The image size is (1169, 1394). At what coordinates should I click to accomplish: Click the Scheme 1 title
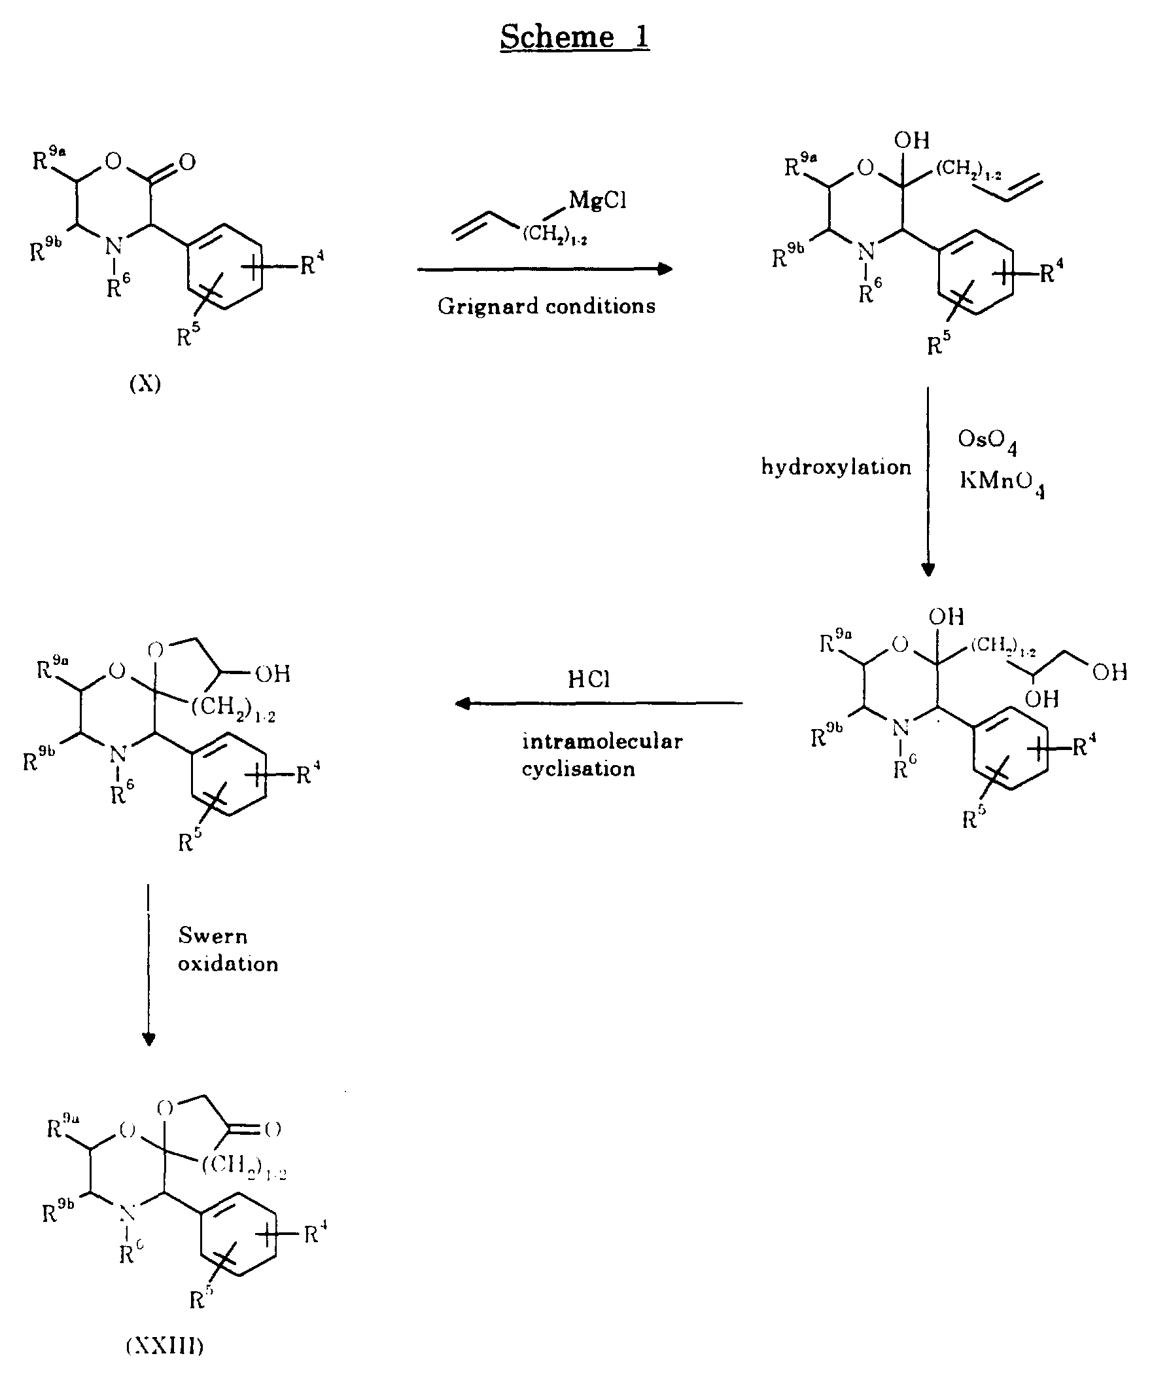click(574, 37)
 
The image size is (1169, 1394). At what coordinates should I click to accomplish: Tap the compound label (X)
click(145, 384)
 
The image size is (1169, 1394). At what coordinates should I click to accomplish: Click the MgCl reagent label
click(597, 200)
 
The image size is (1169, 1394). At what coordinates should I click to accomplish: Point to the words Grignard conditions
click(546, 306)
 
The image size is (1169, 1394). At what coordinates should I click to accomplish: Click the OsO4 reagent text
click(986, 440)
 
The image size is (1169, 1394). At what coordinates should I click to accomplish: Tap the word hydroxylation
click(836, 467)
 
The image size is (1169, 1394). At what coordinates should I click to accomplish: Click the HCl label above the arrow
click(589, 679)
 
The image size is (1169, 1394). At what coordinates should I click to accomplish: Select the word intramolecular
click(602, 741)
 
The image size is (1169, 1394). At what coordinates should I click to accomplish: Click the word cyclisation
click(578, 769)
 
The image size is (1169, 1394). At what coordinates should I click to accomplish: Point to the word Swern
click(213, 936)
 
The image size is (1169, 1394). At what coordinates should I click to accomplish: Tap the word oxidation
click(228, 964)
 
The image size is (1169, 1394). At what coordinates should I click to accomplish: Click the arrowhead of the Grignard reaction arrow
click(665, 269)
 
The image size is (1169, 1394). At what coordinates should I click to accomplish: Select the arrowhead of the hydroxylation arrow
click(928, 569)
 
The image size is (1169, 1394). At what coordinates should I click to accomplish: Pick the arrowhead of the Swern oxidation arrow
click(149, 1039)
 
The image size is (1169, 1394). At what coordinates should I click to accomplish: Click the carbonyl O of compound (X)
click(188, 162)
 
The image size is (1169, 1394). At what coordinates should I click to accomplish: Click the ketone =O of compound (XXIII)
click(272, 1128)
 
